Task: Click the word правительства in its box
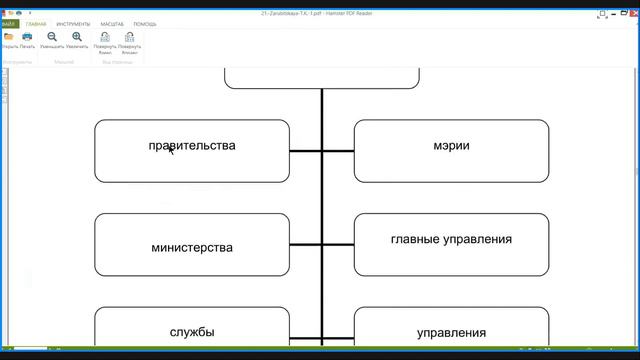pos(192,146)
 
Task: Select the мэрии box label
pos(451,146)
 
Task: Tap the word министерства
pos(192,247)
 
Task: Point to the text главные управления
pos(451,239)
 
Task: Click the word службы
pos(192,332)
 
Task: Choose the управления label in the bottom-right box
pos(451,333)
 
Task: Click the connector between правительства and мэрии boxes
pos(322,152)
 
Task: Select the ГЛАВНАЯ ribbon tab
pos(36,23)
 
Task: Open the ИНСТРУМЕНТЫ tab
pos(74,23)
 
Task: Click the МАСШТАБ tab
pos(112,23)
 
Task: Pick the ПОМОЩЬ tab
pos(145,23)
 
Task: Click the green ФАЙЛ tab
pos(9,23)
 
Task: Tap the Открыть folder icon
pos(9,37)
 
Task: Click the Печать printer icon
pos(27,37)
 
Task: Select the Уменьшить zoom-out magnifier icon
pos(52,37)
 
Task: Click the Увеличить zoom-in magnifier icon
pos(77,37)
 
